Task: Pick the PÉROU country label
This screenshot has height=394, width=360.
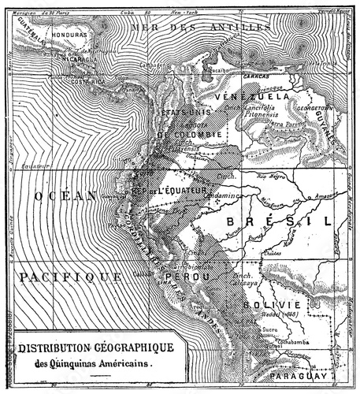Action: coord(177,278)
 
